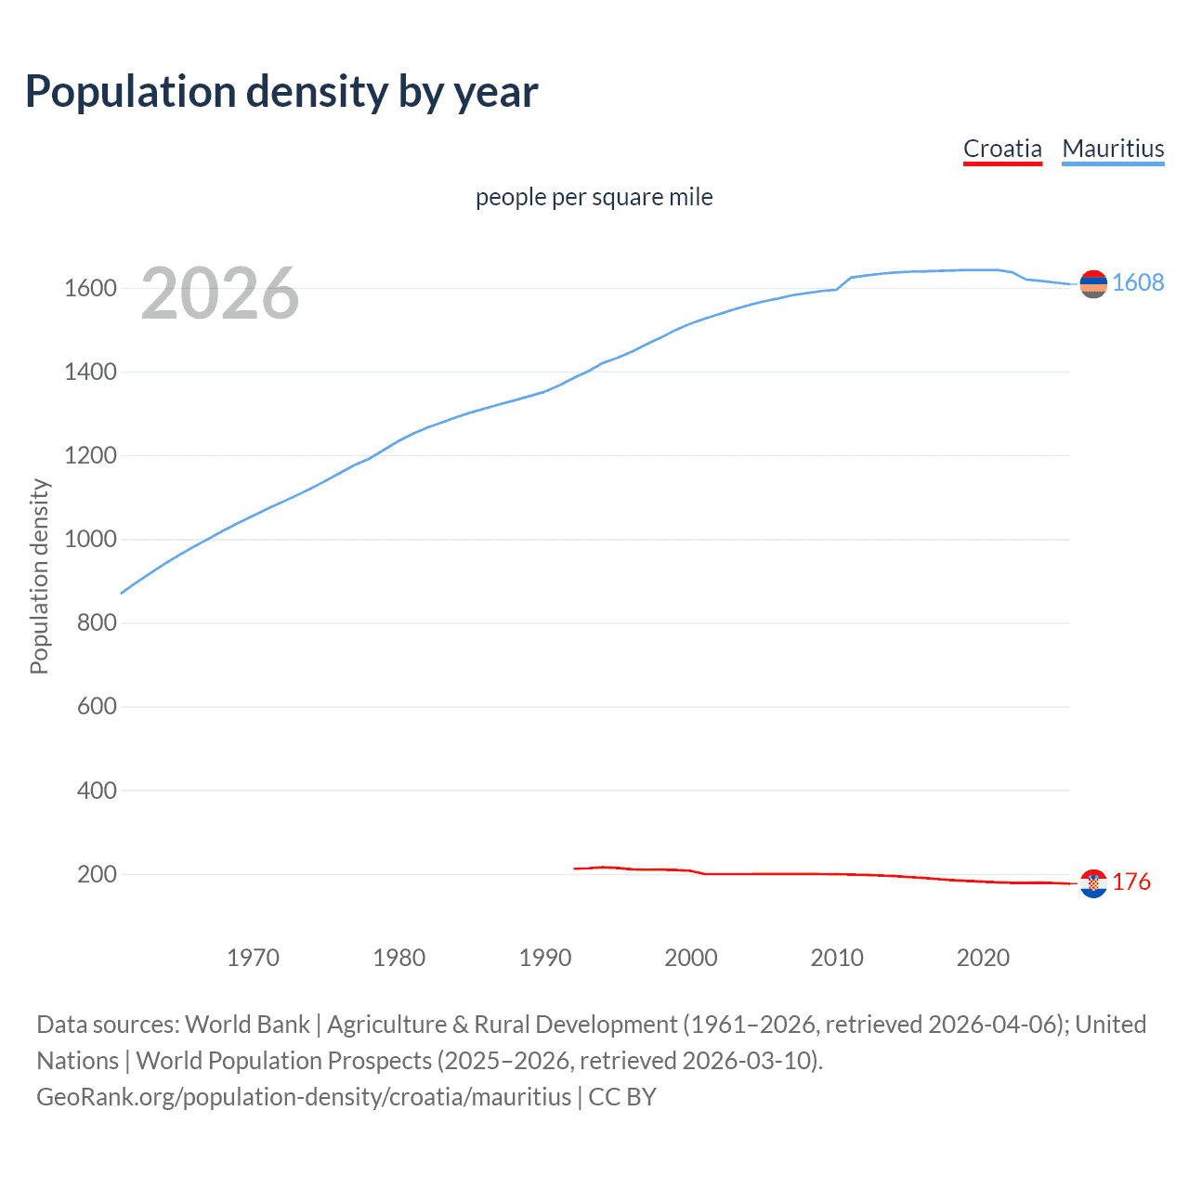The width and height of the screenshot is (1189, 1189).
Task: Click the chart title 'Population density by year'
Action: (x=281, y=91)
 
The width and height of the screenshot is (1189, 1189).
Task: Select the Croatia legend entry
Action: (x=1002, y=149)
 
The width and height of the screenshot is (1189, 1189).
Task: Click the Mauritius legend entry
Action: (x=1113, y=149)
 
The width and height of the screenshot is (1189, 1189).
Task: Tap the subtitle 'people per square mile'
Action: (x=594, y=197)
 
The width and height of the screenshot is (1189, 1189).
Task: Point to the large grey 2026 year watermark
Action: (x=220, y=294)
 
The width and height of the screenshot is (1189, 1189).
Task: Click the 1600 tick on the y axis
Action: (x=90, y=288)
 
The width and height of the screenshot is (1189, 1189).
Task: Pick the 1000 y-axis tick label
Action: (x=90, y=540)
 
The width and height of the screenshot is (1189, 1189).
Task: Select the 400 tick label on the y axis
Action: (x=97, y=790)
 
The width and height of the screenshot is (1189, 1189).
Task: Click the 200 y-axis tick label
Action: (x=97, y=874)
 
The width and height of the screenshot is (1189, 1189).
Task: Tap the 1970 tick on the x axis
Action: (x=253, y=958)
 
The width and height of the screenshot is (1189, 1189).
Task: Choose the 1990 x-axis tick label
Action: (x=545, y=958)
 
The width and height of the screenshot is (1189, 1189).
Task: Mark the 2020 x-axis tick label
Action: (x=983, y=958)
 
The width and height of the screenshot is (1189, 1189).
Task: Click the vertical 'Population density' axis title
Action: (x=39, y=576)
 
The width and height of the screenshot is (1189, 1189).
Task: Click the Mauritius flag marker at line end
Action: (x=1093, y=284)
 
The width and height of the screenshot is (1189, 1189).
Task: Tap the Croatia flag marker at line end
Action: (x=1093, y=883)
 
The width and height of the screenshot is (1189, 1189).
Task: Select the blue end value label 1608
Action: (x=1138, y=282)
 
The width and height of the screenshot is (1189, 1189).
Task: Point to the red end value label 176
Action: (x=1131, y=882)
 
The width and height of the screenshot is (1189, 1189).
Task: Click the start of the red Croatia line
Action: (x=575, y=869)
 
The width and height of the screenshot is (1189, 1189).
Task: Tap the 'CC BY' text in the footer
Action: (x=622, y=1097)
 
